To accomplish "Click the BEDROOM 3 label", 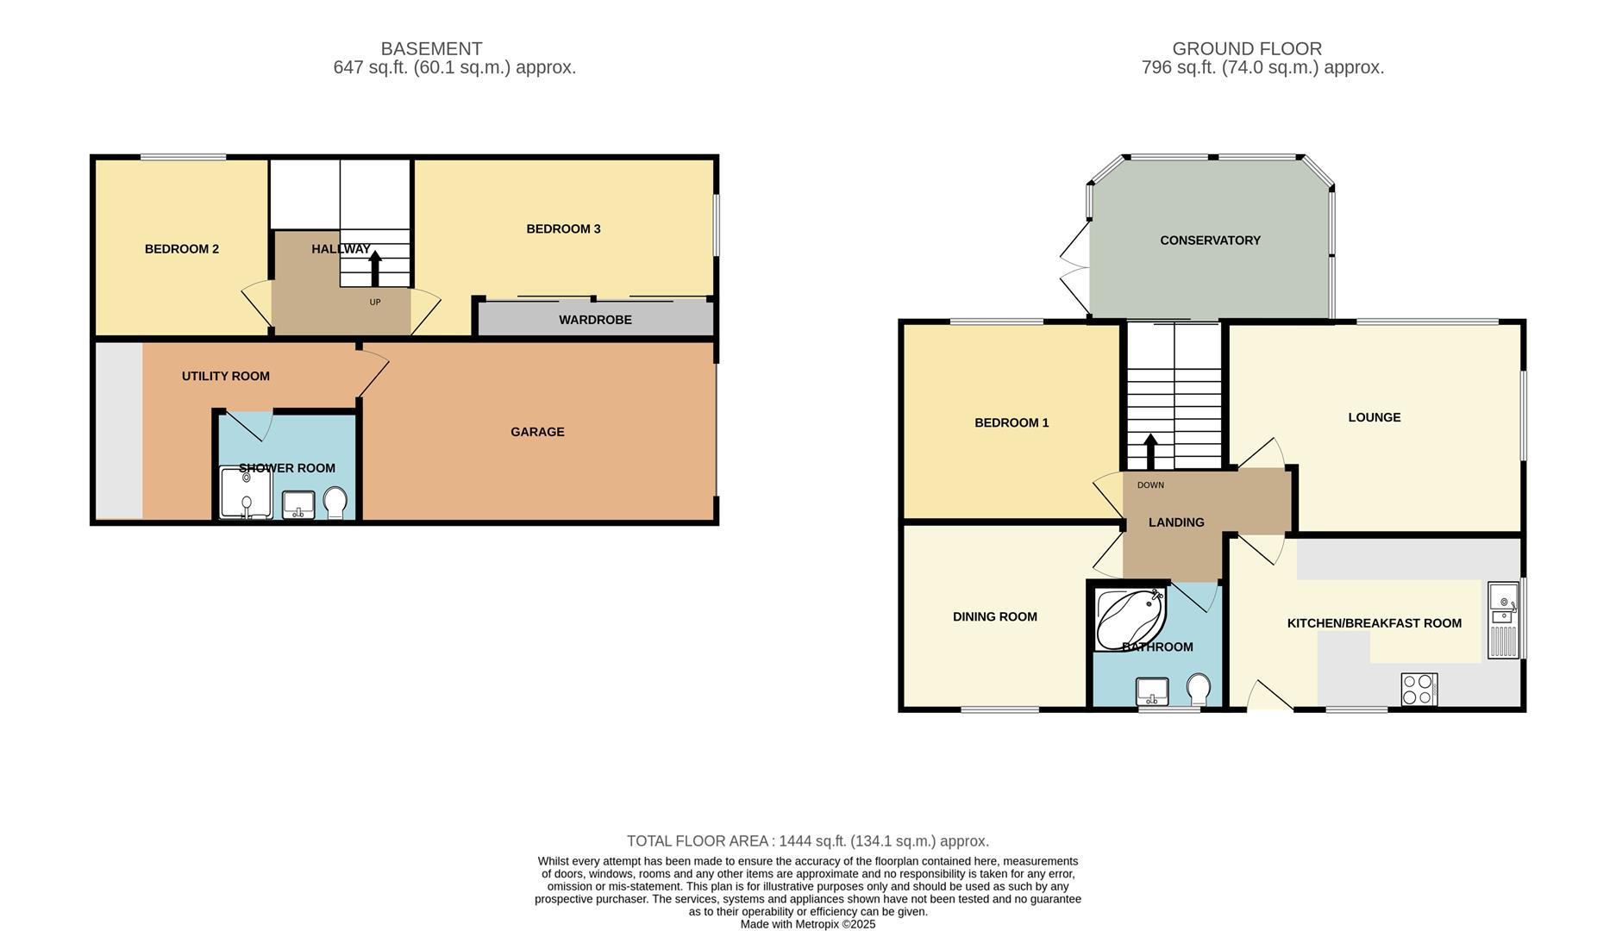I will (563, 228).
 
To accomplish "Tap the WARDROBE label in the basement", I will (595, 320).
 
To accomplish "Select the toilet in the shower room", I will (335, 502).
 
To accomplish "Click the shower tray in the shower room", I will (246, 492).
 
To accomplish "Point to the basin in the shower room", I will (298, 503).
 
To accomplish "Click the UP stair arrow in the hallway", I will (375, 268).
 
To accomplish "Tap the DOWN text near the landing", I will (1150, 485).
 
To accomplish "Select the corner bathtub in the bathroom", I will (1128, 618).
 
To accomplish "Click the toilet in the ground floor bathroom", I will (1198, 690).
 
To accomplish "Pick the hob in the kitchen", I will (1419, 690).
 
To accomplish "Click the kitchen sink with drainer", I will (1503, 621).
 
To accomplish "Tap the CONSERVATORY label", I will (1210, 241).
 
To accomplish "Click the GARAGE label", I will (537, 432).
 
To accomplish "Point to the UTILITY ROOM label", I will (226, 376).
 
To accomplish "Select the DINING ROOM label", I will (994, 616).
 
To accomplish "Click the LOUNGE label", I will (1374, 417).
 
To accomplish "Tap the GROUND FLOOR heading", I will (1246, 49).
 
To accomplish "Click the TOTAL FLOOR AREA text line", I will (807, 840).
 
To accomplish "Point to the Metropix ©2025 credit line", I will (807, 924).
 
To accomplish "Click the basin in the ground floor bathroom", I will (1151, 691).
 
